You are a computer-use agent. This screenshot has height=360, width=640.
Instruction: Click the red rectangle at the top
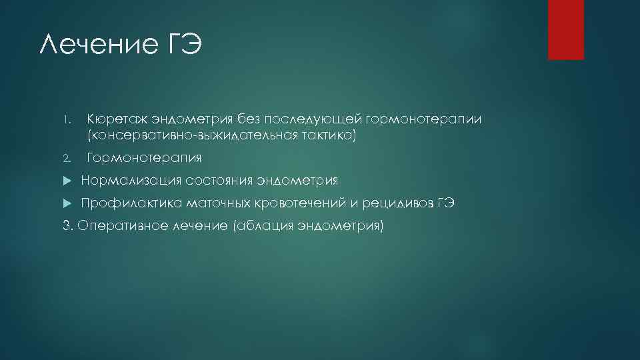(565, 29)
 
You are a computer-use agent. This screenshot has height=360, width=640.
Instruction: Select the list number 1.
(67, 121)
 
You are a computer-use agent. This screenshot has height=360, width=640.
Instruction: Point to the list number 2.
(67, 159)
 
